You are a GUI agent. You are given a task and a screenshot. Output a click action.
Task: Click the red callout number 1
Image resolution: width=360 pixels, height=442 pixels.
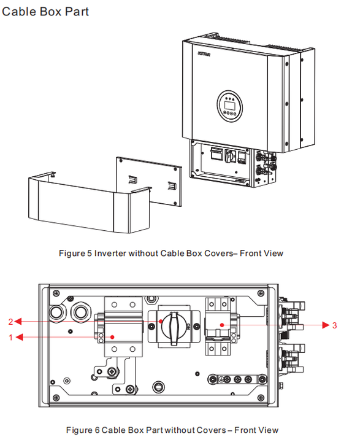10,337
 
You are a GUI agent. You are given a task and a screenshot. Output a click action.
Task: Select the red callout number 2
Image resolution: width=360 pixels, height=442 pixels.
10,322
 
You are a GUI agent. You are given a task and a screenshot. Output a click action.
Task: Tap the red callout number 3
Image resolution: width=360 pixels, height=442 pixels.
334,325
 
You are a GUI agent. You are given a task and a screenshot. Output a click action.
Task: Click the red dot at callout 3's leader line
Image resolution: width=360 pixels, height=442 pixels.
222,325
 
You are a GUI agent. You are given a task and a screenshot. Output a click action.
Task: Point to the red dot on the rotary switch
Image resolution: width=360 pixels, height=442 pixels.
161,321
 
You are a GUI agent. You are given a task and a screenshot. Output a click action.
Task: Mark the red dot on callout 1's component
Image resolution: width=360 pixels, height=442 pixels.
112,337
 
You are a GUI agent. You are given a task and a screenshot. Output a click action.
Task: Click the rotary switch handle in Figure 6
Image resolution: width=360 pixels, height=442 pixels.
174,328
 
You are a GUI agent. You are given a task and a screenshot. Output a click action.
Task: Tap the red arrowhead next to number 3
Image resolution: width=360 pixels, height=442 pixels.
326,325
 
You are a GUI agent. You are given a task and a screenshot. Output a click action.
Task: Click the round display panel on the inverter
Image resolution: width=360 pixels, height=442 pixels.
229,106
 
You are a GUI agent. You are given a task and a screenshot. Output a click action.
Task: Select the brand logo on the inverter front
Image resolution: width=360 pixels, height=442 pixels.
204,53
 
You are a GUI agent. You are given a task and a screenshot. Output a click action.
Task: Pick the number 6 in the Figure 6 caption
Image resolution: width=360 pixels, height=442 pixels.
97,430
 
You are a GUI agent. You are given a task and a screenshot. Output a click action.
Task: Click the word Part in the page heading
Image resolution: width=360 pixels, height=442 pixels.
77,12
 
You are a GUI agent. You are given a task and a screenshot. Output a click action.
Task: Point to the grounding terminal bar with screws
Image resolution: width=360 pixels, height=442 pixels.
237,379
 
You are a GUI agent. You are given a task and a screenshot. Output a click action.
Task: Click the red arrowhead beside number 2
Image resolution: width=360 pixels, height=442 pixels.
18,321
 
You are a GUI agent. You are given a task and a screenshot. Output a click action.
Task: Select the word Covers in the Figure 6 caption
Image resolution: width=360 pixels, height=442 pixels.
211,430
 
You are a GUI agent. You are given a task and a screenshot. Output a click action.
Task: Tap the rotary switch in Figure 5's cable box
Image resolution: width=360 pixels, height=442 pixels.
229,156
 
